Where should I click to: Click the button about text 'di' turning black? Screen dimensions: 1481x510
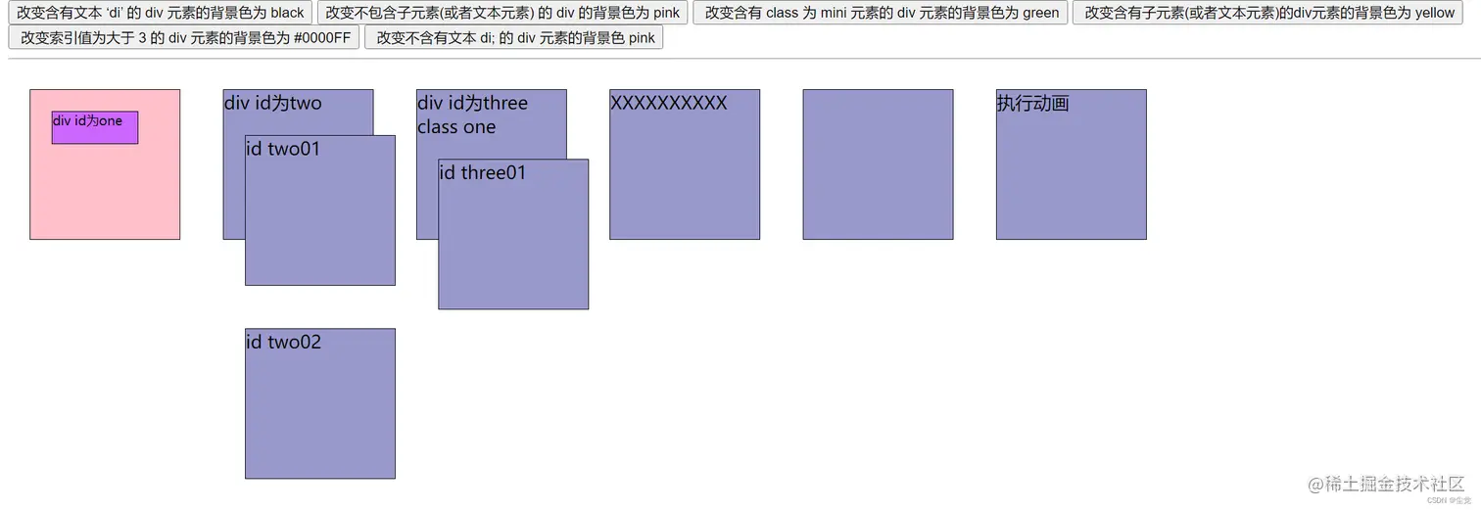point(161,13)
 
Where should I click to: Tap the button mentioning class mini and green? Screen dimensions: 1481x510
point(881,13)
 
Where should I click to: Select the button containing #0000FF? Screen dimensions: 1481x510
point(184,37)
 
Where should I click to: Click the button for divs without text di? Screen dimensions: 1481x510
point(514,37)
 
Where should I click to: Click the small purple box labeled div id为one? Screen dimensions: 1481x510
point(95,127)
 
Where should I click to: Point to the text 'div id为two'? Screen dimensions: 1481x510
point(272,103)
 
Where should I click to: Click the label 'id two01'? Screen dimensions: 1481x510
point(283,149)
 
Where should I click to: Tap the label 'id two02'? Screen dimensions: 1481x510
point(283,342)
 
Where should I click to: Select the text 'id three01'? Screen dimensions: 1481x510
point(482,172)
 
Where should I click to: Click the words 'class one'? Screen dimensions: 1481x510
point(456,126)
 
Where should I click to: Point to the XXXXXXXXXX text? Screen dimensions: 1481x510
point(668,103)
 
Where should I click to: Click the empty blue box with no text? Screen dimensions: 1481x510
point(878,164)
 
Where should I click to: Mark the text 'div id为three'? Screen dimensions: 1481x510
point(472,103)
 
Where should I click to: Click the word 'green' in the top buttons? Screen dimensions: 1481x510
point(1038,13)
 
